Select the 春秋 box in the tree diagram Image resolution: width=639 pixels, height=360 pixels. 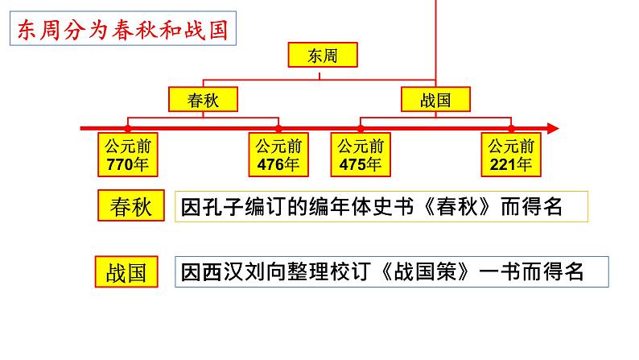(204, 100)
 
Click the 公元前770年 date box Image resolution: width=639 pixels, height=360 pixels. (128, 155)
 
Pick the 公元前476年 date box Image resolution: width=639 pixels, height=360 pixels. (278, 155)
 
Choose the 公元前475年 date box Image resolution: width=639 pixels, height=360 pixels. (361, 155)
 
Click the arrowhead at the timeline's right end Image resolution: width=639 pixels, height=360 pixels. (553, 128)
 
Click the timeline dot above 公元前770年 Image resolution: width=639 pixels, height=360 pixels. (128, 128)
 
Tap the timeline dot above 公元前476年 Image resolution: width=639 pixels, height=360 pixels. (278, 128)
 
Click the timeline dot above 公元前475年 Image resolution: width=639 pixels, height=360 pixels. (361, 128)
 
